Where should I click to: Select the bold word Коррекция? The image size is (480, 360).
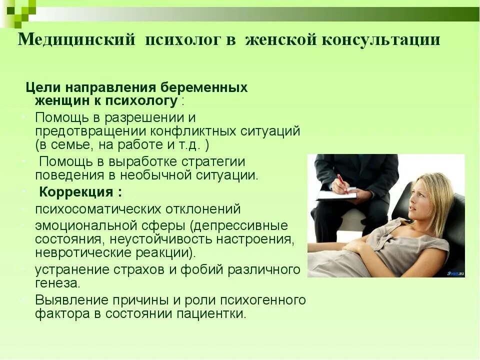[x=77, y=192]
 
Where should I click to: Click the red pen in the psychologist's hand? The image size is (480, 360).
[x=342, y=183]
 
